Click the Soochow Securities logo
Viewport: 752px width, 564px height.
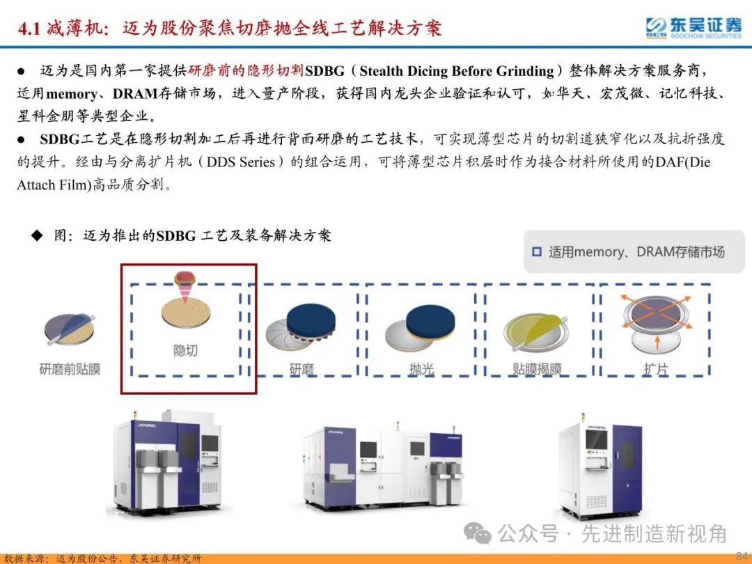(x=693, y=28)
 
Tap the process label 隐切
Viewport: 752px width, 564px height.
(x=185, y=350)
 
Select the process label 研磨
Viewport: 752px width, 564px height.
(x=301, y=369)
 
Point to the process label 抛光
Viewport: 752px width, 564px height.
(x=421, y=369)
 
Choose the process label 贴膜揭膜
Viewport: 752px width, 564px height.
(x=537, y=369)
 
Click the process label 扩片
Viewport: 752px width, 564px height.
(x=655, y=369)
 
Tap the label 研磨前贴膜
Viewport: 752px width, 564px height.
(x=70, y=368)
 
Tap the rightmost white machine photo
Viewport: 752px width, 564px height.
(x=600, y=463)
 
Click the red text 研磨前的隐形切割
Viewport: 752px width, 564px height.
(x=246, y=71)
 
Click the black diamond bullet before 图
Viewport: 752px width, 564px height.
(x=37, y=235)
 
